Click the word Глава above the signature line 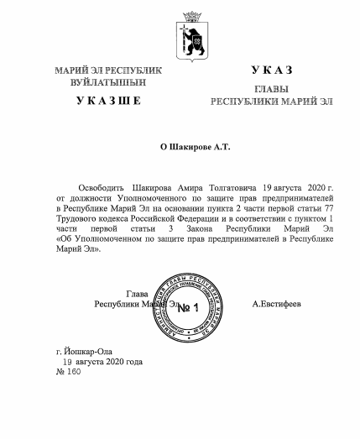pos(136,294)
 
